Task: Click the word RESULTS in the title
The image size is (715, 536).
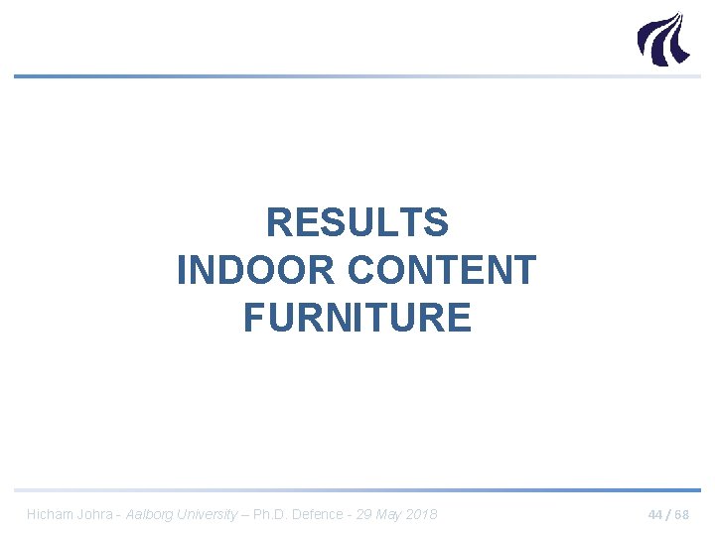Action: (x=357, y=223)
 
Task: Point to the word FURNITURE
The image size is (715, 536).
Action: (x=357, y=319)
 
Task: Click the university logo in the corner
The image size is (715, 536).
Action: (x=661, y=39)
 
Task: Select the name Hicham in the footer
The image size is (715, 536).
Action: (x=50, y=514)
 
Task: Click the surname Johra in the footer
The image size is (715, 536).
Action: (x=96, y=514)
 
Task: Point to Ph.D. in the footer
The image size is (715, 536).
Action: (x=272, y=514)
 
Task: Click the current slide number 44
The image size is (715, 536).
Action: (x=655, y=514)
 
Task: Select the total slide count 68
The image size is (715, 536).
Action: (x=681, y=514)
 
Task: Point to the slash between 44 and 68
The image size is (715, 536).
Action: (x=668, y=514)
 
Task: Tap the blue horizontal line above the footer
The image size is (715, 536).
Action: (x=357, y=489)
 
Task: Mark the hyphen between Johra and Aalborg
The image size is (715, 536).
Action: (x=119, y=514)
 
